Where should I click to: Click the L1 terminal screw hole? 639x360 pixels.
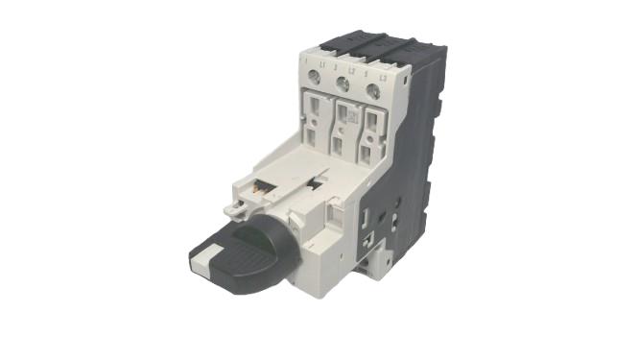317,80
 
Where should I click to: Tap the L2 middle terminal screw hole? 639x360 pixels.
343,85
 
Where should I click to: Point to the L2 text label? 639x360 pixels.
351,70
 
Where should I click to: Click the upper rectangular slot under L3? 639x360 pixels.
372,116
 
